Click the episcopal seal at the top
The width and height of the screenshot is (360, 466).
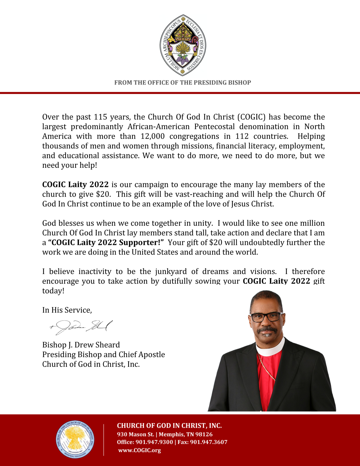[x=183, y=45]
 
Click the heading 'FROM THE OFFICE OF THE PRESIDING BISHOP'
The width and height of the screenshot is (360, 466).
[x=182, y=83]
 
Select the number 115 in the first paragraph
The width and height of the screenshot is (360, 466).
[x=100, y=117]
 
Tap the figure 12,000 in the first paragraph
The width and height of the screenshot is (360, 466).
[x=152, y=136]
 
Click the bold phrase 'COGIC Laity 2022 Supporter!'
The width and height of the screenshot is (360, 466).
[x=106, y=242]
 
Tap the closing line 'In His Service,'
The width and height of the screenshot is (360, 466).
[x=67, y=310]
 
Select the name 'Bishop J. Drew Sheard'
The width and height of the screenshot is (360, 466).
[x=81, y=345]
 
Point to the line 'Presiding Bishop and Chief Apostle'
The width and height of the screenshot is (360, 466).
[x=103, y=354]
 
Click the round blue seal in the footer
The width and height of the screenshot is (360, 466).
[x=75, y=440]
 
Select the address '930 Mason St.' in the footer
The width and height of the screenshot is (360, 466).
[x=135, y=434]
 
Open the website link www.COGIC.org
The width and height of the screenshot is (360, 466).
[x=139, y=450]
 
